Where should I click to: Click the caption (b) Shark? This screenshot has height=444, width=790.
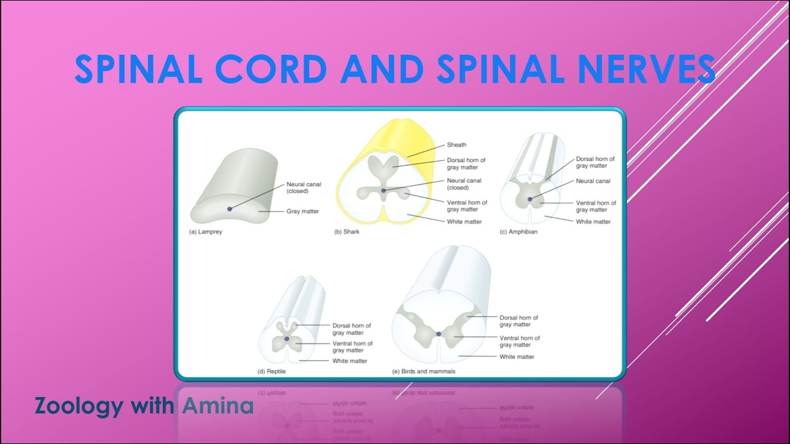tap(347, 232)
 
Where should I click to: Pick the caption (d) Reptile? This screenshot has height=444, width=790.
tap(272, 372)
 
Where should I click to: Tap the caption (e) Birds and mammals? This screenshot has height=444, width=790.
tap(423, 372)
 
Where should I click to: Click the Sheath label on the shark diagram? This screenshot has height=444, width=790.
tap(457, 145)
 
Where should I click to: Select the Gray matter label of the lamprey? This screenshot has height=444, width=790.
tap(302, 212)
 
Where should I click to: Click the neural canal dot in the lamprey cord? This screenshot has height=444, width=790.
tap(230, 208)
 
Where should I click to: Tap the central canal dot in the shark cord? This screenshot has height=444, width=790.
tap(384, 191)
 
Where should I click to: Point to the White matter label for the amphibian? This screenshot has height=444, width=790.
tap(593, 221)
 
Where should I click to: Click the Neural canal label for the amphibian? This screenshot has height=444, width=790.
tap(593, 181)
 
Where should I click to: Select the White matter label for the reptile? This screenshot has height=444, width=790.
tap(350, 361)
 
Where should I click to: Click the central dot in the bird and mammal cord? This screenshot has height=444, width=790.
tap(438, 334)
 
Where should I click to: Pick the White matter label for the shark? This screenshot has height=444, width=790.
tap(464, 221)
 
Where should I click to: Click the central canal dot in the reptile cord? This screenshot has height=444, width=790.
tap(286, 339)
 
